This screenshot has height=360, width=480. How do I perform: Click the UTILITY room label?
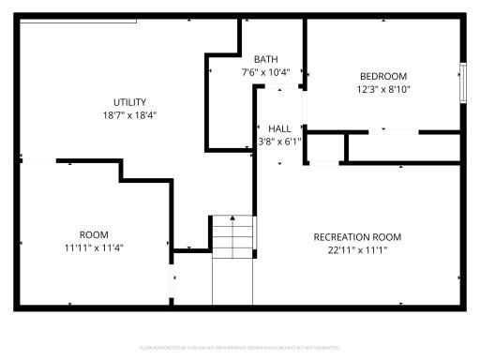pos(129,102)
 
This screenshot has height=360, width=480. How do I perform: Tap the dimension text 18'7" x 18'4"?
pos(129,115)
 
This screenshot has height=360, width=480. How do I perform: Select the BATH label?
pos(266,58)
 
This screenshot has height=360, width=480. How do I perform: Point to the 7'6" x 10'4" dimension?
pos(266,71)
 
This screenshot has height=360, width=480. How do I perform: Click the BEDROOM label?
pos(383,76)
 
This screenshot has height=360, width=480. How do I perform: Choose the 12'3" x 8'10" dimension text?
pos(383,89)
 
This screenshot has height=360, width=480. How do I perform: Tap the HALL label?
pos(279,128)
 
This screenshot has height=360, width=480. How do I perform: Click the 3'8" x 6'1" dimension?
pos(279,142)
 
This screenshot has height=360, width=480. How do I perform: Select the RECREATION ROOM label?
pos(357,236)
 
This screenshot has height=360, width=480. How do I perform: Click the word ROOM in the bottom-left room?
pos(93,234)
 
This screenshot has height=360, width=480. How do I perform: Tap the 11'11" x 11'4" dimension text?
pos(93,247)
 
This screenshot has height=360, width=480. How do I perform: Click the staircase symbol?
pos(232,236)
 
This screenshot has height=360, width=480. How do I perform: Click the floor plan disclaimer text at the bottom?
pos(240,348)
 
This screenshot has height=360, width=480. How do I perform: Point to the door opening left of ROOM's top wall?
pos(37,161)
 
